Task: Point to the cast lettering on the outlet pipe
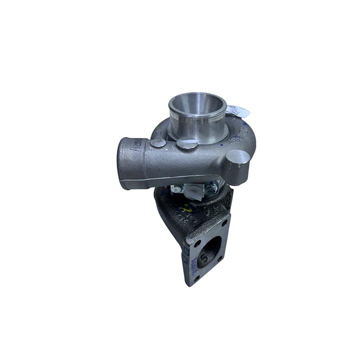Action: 136,145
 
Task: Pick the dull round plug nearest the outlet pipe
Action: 158,142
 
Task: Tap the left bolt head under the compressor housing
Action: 178,189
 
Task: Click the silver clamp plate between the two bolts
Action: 195,189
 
